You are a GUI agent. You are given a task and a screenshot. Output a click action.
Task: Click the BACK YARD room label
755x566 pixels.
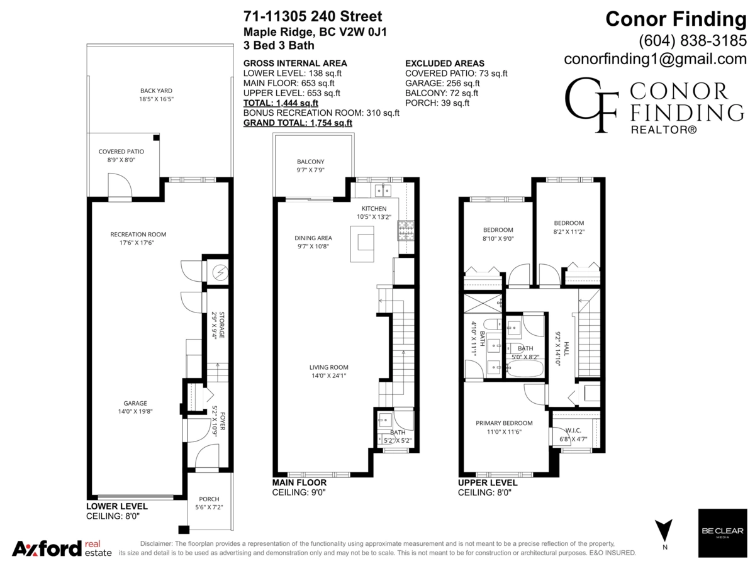(156, 91)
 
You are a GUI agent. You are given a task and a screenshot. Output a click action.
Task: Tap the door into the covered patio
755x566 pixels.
(119, 187)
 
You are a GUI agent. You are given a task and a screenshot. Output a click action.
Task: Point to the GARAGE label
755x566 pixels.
(135, 403)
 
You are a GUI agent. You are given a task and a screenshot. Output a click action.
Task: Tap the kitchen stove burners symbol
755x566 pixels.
(403, 231)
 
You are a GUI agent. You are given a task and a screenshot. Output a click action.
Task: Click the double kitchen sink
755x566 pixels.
(383, 189)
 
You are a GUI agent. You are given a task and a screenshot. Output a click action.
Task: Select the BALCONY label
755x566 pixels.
(310, 162)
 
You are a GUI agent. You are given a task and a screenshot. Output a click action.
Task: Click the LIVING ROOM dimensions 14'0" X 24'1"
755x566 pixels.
(328, 375)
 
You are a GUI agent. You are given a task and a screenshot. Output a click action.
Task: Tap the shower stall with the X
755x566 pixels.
(483, 304)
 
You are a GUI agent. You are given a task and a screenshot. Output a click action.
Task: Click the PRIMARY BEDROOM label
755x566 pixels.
(504, 423)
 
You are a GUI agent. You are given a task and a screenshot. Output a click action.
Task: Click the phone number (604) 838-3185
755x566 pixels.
(692, 40)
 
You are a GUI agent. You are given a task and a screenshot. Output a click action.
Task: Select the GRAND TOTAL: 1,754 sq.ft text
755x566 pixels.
(298, 123)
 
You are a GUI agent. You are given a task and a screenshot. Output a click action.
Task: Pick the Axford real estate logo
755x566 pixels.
(62, 548)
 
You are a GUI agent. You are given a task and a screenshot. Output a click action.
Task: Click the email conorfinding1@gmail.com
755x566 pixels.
(655, 59)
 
